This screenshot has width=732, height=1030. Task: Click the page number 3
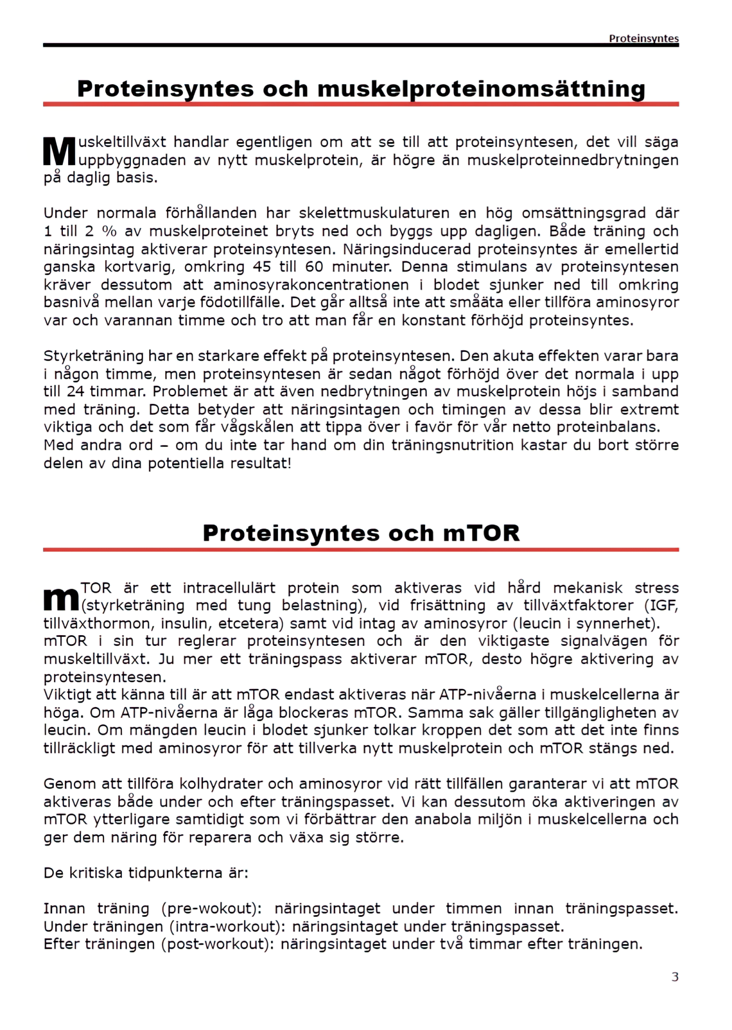(x=675, y=976)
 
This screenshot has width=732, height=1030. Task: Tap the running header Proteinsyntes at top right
(x=643, y=38)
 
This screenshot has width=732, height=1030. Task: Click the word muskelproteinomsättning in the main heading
(x=481, y=89)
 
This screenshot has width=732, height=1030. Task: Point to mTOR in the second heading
(x=481, y=533)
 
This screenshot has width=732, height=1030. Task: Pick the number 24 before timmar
(x=76, y=392)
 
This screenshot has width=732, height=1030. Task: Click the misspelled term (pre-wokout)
(x=211, y=908)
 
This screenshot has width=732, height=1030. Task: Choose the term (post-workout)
(x=215, y=944)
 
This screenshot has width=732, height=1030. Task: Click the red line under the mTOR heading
(x=361, y=549)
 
